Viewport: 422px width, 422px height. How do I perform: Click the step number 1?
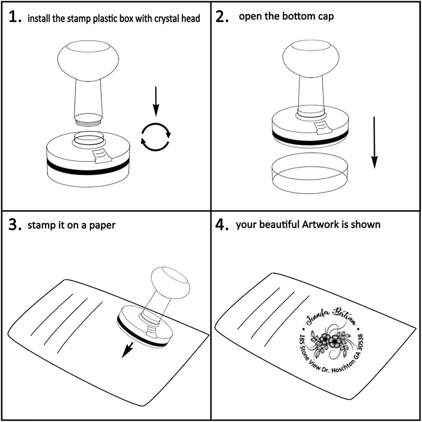pyautogui.click(x=15, y=17)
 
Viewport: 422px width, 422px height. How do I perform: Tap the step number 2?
pyautogui.click(x=222, y=17)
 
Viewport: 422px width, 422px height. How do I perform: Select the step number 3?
pyautogui.click(x=15, y=224)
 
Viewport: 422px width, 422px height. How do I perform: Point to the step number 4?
pyautogui.click(x=222, y=224)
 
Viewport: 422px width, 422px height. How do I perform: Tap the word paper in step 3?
pyautogui.click(x=102, y=226)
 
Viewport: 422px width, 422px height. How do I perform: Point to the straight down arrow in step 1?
pyautogui.click(x=156, y=101)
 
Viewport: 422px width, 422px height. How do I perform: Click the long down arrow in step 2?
pyautogui.click(x=375, y=142)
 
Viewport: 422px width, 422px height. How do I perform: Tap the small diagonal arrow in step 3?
pyautogui.click(x=127, y=350)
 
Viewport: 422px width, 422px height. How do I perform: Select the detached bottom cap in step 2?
pyautogui.click(x=310, y=173)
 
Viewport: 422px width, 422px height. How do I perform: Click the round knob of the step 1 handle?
pyautogui.click(x=88, y=61)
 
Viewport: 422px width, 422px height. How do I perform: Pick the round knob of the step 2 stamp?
pyautogui.click(x=311, y=59)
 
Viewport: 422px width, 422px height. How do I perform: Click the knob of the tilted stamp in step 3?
pyautogui.click(x=170, y=283)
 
